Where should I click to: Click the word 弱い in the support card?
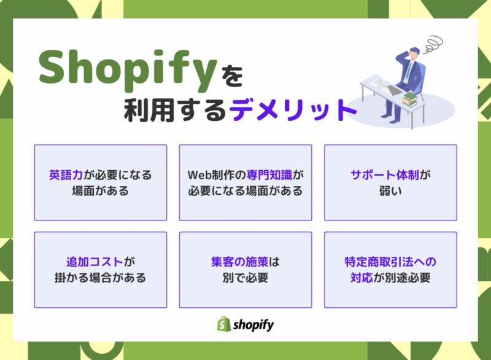[x=390, y=191]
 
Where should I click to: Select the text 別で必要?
[x=245, y=278]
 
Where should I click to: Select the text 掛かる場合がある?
[x=100, y=278]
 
